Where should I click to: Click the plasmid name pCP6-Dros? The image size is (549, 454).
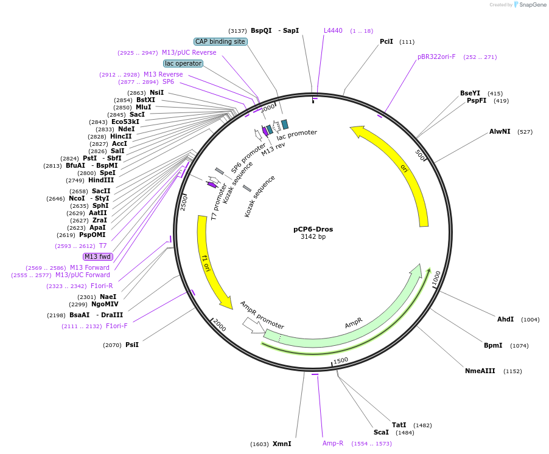[313, 229]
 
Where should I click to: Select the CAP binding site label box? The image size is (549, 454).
[220, 41]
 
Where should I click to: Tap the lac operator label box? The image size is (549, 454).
[183, 63]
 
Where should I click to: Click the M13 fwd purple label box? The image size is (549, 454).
[97, 256]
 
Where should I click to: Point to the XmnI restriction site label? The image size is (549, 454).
[282, 444]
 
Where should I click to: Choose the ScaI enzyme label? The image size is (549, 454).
[381, 432]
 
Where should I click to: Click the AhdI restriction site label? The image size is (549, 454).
[505, 319]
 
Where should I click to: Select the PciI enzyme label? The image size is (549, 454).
[386, 41]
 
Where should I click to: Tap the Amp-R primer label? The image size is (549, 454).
[333, 444]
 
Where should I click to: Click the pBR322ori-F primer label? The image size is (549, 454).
[436, 57]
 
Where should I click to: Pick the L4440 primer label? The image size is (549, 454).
[333, 30]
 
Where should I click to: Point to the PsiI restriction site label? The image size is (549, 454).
[132, 345]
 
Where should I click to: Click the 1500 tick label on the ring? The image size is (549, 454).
[341, 360]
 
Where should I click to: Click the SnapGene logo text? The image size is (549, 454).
[533, 5]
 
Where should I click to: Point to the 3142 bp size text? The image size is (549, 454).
[313, 237]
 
